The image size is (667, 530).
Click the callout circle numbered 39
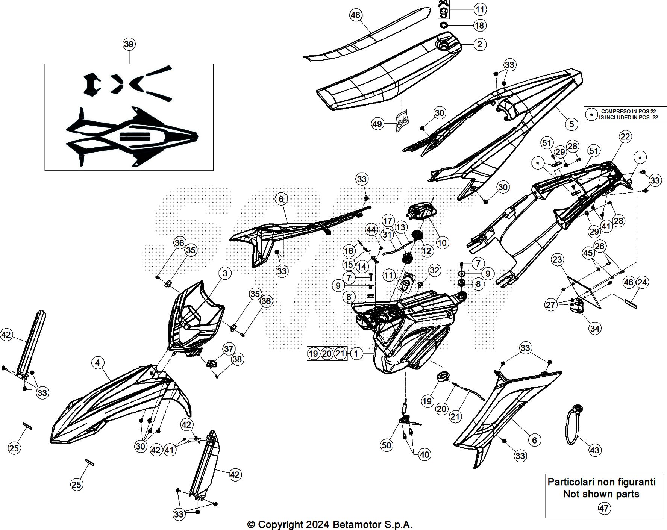pos(129,44)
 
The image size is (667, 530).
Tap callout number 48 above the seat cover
pos(355,15)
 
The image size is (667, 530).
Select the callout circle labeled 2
pos(480,44)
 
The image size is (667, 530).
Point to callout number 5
pos(571,124)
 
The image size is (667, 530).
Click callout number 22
pos(625,136)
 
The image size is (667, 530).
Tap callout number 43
pos(594,450)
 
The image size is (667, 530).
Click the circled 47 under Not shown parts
pos(604,509)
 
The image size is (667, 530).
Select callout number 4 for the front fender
pos(98,363)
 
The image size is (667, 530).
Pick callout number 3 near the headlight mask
pos(225,273)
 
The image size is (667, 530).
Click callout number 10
pos(442,243)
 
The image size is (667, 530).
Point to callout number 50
pos(387,445)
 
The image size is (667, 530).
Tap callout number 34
pos(594,329)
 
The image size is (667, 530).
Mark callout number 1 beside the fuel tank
pos(356,353)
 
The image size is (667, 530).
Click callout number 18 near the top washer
pos(480,26)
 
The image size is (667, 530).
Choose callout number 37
pos(229,349)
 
